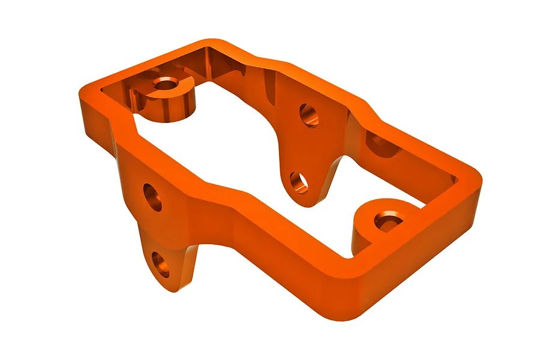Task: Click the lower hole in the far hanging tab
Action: pyautogui.click(x=298, y=182)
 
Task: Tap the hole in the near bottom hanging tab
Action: pyautogui.click(x=160, y=264)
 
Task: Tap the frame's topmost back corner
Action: pyautogui.click(x=207, y=44)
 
